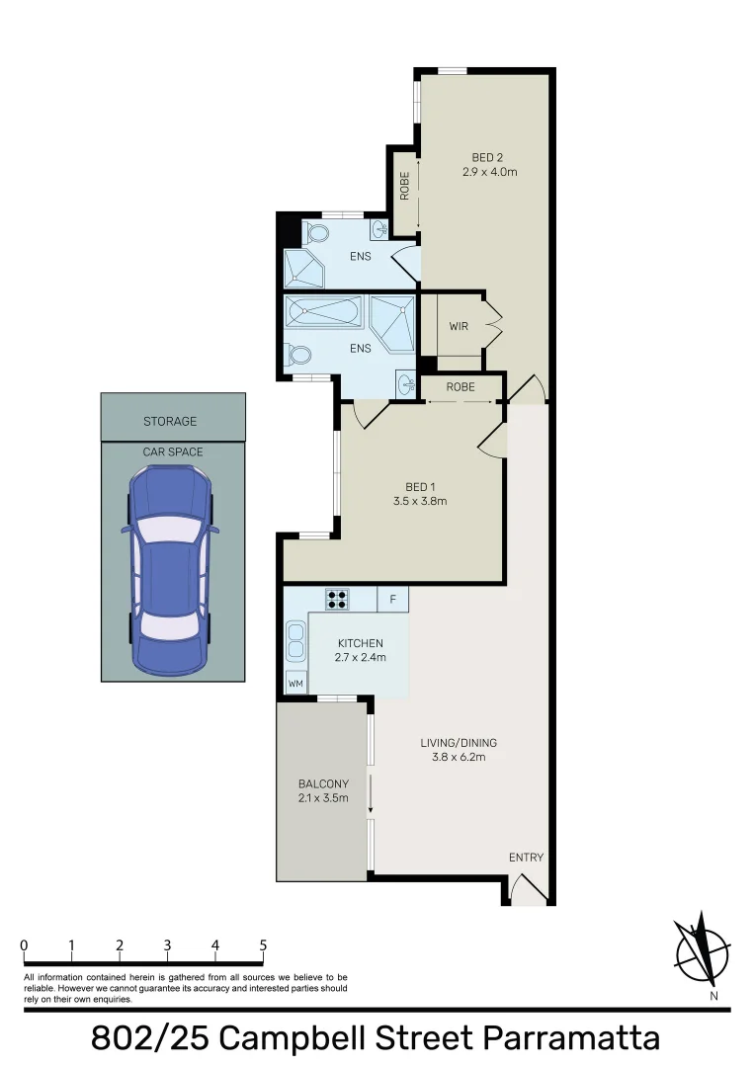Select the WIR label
(459, 325)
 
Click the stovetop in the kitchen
(337, 599)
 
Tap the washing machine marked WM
(295, 683)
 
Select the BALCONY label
(323, 784)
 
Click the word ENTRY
(526, 858)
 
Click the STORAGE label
(170, 422)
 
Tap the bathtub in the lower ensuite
(323, 314)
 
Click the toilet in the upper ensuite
(316, 234)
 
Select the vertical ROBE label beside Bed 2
(404, 187)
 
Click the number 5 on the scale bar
(263, 944)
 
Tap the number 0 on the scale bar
(23, 944)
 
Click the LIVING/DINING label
(459, 743)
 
